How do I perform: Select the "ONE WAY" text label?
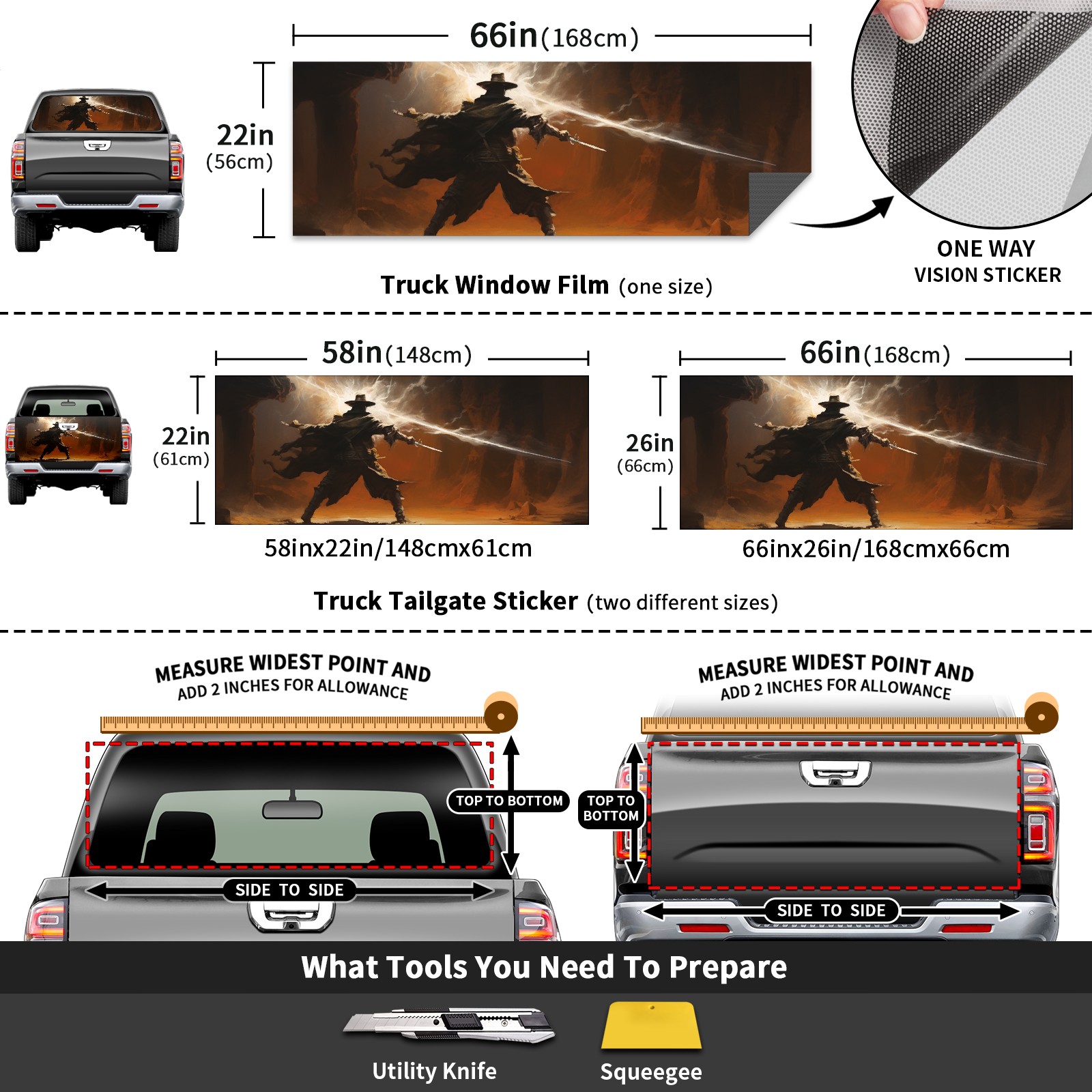click(x=986, y=248)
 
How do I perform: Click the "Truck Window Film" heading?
click(x=495, y=285)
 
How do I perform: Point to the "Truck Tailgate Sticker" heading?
click(x=446, y=601)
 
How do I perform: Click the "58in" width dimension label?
click(x=351, y=353)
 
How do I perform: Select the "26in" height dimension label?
click(x=650, y=443)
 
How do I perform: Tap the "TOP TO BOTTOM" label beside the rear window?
click(x=509, y=801)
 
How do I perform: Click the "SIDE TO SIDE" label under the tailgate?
click(x=831, y=910)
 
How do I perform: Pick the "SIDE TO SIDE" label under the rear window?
click(x=289, y=890)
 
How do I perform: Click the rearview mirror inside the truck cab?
click(x=292, y=809)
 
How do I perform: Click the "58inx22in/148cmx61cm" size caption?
click(x=398, y=548)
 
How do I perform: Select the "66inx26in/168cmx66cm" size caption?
click(x=876, y=549)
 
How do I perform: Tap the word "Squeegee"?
click(x=651, y=1072)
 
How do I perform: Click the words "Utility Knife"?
click(x=434, y=1071)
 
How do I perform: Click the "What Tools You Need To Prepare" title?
click(x=544, y=967)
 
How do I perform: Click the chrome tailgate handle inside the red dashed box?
click(x=835, y=773)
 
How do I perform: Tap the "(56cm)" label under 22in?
click(x=240, y=162)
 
